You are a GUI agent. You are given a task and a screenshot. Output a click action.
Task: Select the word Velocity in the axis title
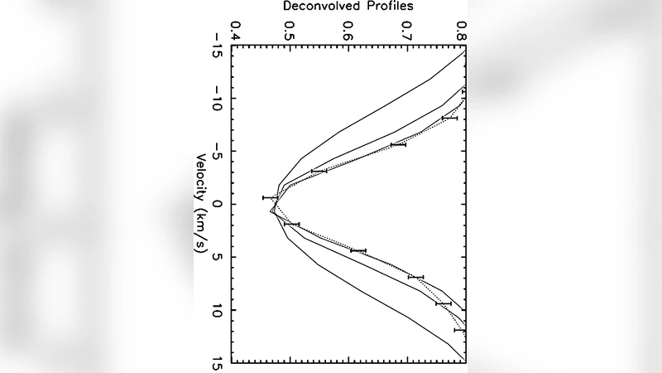[201, 178]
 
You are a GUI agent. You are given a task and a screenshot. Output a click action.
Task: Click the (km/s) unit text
[201, 230]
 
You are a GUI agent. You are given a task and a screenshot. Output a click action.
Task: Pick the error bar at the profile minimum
[271, 197]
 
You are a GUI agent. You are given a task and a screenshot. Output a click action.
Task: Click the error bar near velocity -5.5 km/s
[398, 144]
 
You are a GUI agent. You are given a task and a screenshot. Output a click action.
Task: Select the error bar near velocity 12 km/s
[460, 330]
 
